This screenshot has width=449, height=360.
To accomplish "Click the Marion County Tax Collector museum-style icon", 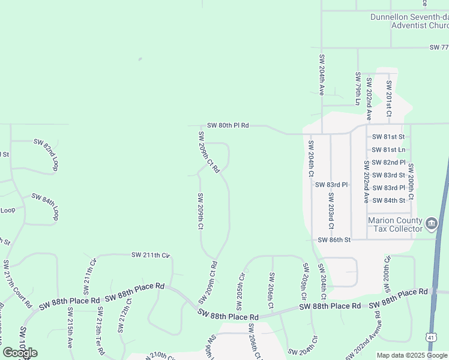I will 431,225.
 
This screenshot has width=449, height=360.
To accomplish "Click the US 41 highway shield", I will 432,338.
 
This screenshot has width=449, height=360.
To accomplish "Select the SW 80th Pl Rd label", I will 228,125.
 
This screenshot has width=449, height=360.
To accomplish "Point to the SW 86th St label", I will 334,240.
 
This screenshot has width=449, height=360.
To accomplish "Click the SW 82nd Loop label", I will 46,155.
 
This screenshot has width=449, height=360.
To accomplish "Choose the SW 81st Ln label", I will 388,149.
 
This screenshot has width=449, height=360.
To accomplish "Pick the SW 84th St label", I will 388,200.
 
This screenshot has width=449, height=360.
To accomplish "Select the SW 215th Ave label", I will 70,328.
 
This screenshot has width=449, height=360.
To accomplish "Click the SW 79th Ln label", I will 358,88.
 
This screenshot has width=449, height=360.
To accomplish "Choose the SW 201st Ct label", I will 389,98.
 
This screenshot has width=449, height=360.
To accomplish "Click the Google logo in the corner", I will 20,353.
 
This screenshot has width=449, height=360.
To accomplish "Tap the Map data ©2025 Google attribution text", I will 412,355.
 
